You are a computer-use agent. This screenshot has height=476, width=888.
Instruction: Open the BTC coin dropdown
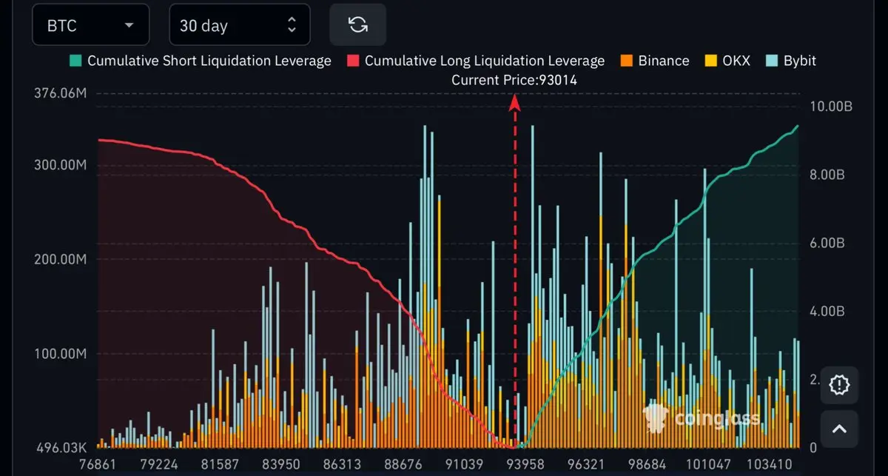pyautogui.click(x=90, y=25)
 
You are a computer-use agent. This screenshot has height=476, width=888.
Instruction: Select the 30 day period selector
pyautogui.click(x=238, y=25)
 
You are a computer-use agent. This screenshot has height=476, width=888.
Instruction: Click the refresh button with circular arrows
pyautogui.click(x=358, y=25)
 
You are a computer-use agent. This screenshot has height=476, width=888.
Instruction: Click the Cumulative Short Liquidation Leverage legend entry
pyautogui.click(x=201, y=61)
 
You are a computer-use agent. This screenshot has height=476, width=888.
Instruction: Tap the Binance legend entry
pyautogui.click(x=655, y=61)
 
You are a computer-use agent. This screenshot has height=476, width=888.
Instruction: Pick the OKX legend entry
pyautogui.click(x=727, y=61)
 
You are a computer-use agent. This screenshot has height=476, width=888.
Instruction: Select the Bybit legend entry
pyautogui.click(x=792, y=61)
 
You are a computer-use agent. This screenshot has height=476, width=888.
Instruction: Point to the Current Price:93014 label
pyautogui.click(x=514, y=80)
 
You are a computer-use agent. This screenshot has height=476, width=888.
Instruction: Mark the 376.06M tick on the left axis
pyautogui.click(x=61, y=94)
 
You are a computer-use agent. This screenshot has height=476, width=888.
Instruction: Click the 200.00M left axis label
pyautogui.click(x=61, y=260)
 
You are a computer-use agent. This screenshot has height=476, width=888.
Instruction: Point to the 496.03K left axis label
pyautogui.click(x=61, y=447)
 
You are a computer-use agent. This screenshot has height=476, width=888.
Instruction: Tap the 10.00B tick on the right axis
pyautogui.click(x=832, y=107)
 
